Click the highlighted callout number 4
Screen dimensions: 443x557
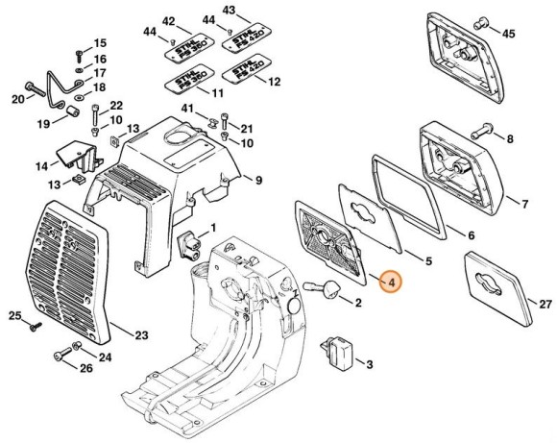[392, 282]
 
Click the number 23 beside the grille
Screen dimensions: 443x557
[141, 335]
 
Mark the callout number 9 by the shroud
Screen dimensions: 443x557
[257, 179]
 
